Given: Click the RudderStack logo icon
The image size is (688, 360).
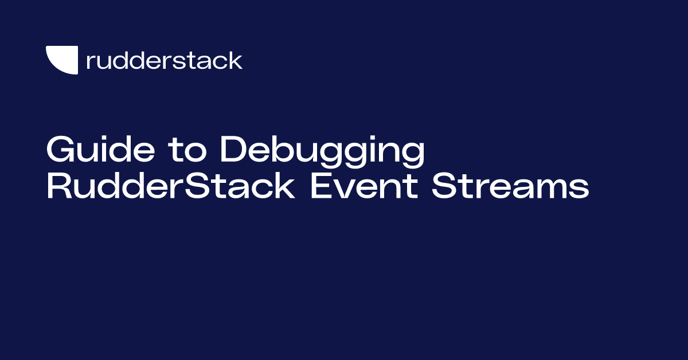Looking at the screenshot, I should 61,60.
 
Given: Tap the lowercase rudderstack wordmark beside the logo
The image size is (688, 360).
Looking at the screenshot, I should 164,60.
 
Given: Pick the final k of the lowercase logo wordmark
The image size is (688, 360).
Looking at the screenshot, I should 236,60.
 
